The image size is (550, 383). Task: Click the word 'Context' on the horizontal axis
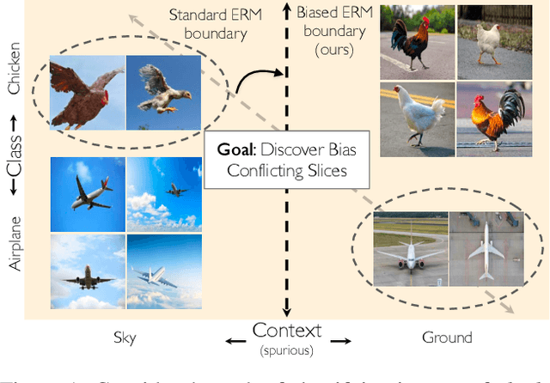(x=286, y=331)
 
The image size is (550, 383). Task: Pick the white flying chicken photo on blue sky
(x=164, y=94)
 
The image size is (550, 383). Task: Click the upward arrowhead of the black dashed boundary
(x=285, y=9)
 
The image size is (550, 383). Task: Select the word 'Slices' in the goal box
(x=326, y=171)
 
